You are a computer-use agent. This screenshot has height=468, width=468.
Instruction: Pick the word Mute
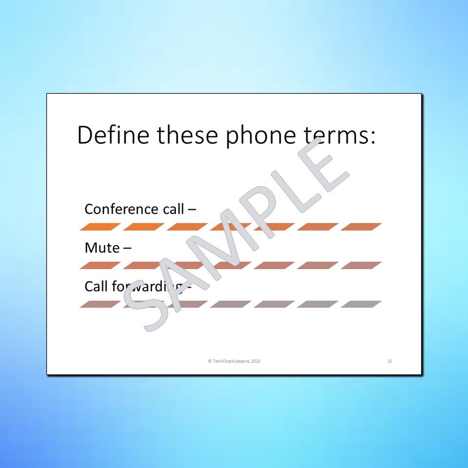(x=102, y=248)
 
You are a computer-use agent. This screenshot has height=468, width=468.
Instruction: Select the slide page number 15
(x=390, y=361)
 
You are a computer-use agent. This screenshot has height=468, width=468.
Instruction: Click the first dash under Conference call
(x=100, y=227)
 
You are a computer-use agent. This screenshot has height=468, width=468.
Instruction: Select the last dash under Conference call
(x=361, y=227)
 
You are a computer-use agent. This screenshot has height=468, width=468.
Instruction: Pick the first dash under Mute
(x=100, y=266)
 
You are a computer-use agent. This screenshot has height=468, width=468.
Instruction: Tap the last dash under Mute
(x=361, y=266)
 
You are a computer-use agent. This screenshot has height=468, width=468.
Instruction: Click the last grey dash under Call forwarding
(x=361, y=304)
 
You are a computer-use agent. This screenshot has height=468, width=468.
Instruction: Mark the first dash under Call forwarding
(x=100, y=304)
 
